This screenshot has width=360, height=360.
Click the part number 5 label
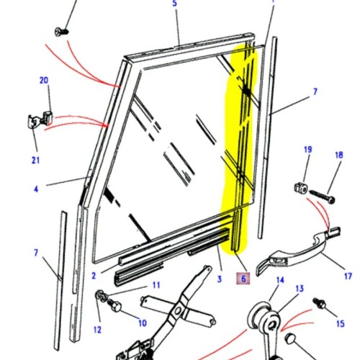pos(174,4)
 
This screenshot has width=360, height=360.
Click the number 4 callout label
pos(35,190)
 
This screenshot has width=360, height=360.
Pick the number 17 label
pos(347,275)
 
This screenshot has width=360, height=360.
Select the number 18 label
pos(338,155)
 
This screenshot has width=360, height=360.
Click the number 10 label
pos(142,323)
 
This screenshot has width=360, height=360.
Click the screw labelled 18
pos(321,194)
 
